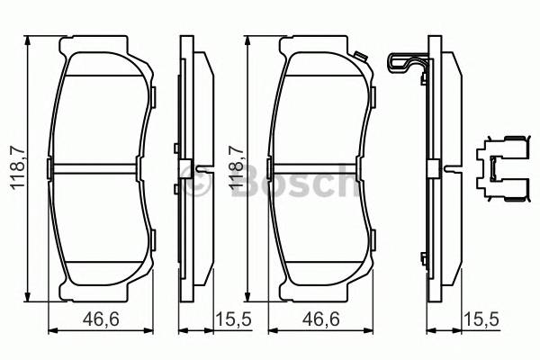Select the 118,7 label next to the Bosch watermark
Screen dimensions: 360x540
coord(235,172)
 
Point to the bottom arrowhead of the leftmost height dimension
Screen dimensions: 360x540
coord(30,299)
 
